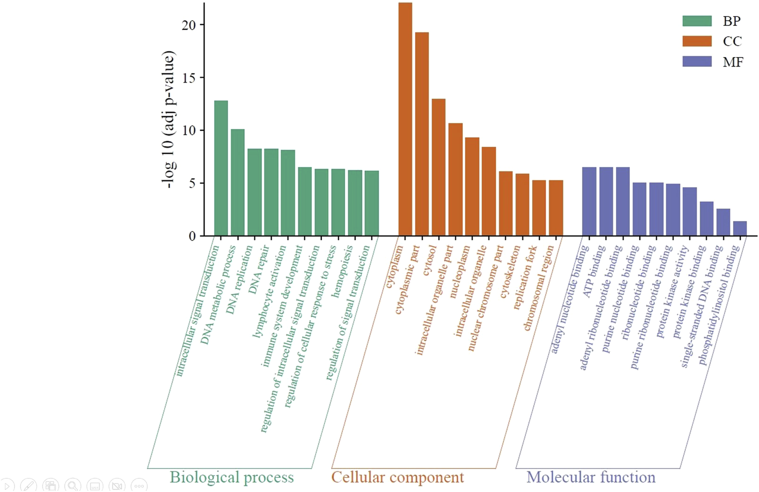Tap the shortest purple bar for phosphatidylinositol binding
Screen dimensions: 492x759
tap(740, 229)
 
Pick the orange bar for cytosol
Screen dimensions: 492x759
tap(439, 167)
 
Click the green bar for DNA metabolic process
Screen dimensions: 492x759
tap(238, 182)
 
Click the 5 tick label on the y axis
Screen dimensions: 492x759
tap(192, 183)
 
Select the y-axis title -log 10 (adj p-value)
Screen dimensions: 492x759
tap(168, 120)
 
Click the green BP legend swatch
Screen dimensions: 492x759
tap(697, 21)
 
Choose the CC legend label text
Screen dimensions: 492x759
tap(732, 42)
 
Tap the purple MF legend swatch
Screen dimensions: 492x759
tap(697, 62)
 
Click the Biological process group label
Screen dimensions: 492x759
tap(232, 477)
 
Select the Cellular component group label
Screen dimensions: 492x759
tap(397, 477)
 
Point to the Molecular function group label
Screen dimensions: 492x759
tap(591, 477)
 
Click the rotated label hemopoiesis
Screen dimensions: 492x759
tap(342, 271)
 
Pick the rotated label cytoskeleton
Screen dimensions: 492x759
tap(510, 272)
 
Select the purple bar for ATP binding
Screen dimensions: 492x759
tap(606, 202)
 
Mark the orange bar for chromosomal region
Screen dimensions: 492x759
tap(556, 208)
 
